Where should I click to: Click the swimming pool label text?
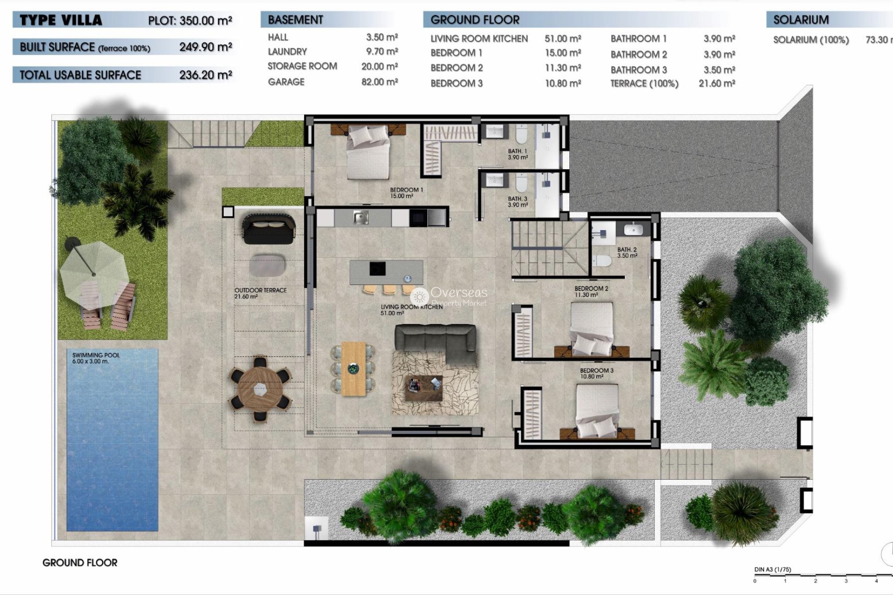(96, 358)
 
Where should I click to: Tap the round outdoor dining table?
(260, 389)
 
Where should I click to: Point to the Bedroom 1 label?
(406, 192)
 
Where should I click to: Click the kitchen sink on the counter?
(360, 217)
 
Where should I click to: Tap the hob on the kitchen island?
(377, 269)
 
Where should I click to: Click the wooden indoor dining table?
(353, 369)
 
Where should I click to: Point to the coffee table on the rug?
(423, 388)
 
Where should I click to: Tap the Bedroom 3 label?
(596, 373)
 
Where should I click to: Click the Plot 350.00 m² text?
(190, 20)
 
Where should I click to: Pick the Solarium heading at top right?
(801, 20)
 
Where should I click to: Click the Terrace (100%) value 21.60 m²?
(716, 84)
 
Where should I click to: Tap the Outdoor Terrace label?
(260, 293)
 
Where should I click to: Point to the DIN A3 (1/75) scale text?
(773, 569)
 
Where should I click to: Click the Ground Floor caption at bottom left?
(80, 562)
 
